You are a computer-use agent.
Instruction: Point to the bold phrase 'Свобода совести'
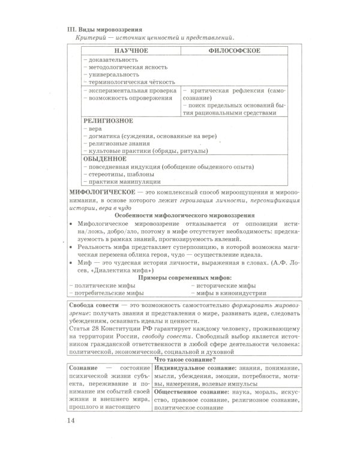click(94, 306)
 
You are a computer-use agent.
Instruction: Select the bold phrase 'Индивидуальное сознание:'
click(191, 367)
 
